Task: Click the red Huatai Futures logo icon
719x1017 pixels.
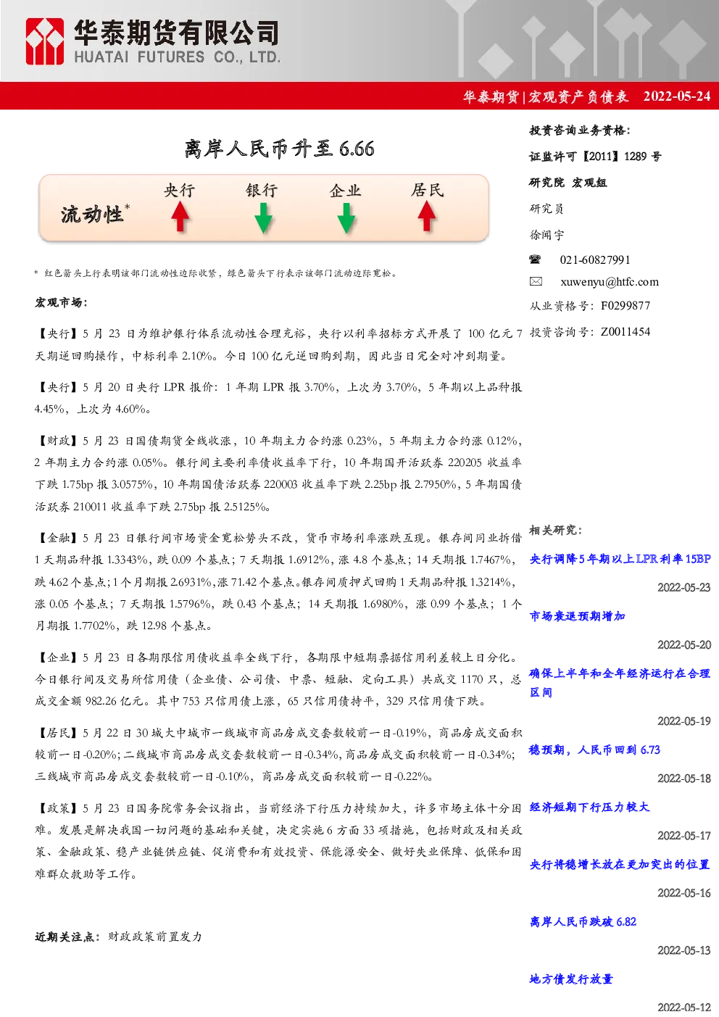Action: (x=44, y=41)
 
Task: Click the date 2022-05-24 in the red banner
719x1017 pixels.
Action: (x=676, y=96)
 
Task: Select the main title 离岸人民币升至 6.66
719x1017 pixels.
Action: (x=279, y=149)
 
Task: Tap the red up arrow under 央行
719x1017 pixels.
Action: (x=180, y=217)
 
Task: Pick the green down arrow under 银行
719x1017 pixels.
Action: (x=263, y=218)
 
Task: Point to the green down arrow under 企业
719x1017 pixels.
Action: (x=346, y=218)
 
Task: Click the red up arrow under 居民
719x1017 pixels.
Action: (x=427, y=216)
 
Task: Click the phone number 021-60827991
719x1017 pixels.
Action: (x=595, y=260)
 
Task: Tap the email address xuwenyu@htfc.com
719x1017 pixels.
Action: (x=610, y=282)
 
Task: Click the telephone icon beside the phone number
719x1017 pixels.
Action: (x=535, y=260)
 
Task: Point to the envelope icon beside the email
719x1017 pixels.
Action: (x=536, y=281)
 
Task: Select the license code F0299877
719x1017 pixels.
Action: (x=626, y=306)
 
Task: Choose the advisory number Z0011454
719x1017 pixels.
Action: (x=626, y=332)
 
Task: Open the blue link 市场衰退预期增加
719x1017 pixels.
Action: (x=578, y=616)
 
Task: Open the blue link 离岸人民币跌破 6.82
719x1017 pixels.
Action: (x=583, y=921)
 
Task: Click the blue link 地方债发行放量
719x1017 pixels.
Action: (x=571, y=979)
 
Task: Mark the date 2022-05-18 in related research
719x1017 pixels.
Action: (x=684, y=779)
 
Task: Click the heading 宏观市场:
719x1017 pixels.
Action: (x=61, y=302)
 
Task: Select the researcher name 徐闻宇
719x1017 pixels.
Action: (x=546, y=235)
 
